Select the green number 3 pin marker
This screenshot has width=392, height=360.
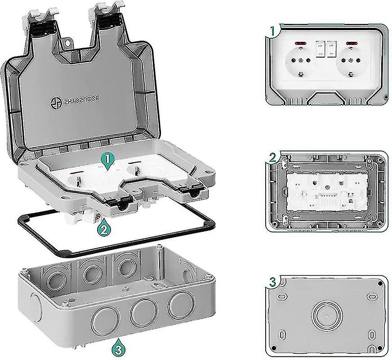(116, 349)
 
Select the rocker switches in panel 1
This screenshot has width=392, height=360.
(326, 49)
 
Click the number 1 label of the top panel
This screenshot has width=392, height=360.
(272, 31)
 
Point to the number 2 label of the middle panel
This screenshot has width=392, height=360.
(272, 157)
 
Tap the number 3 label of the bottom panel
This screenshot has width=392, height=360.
(272, 283)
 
